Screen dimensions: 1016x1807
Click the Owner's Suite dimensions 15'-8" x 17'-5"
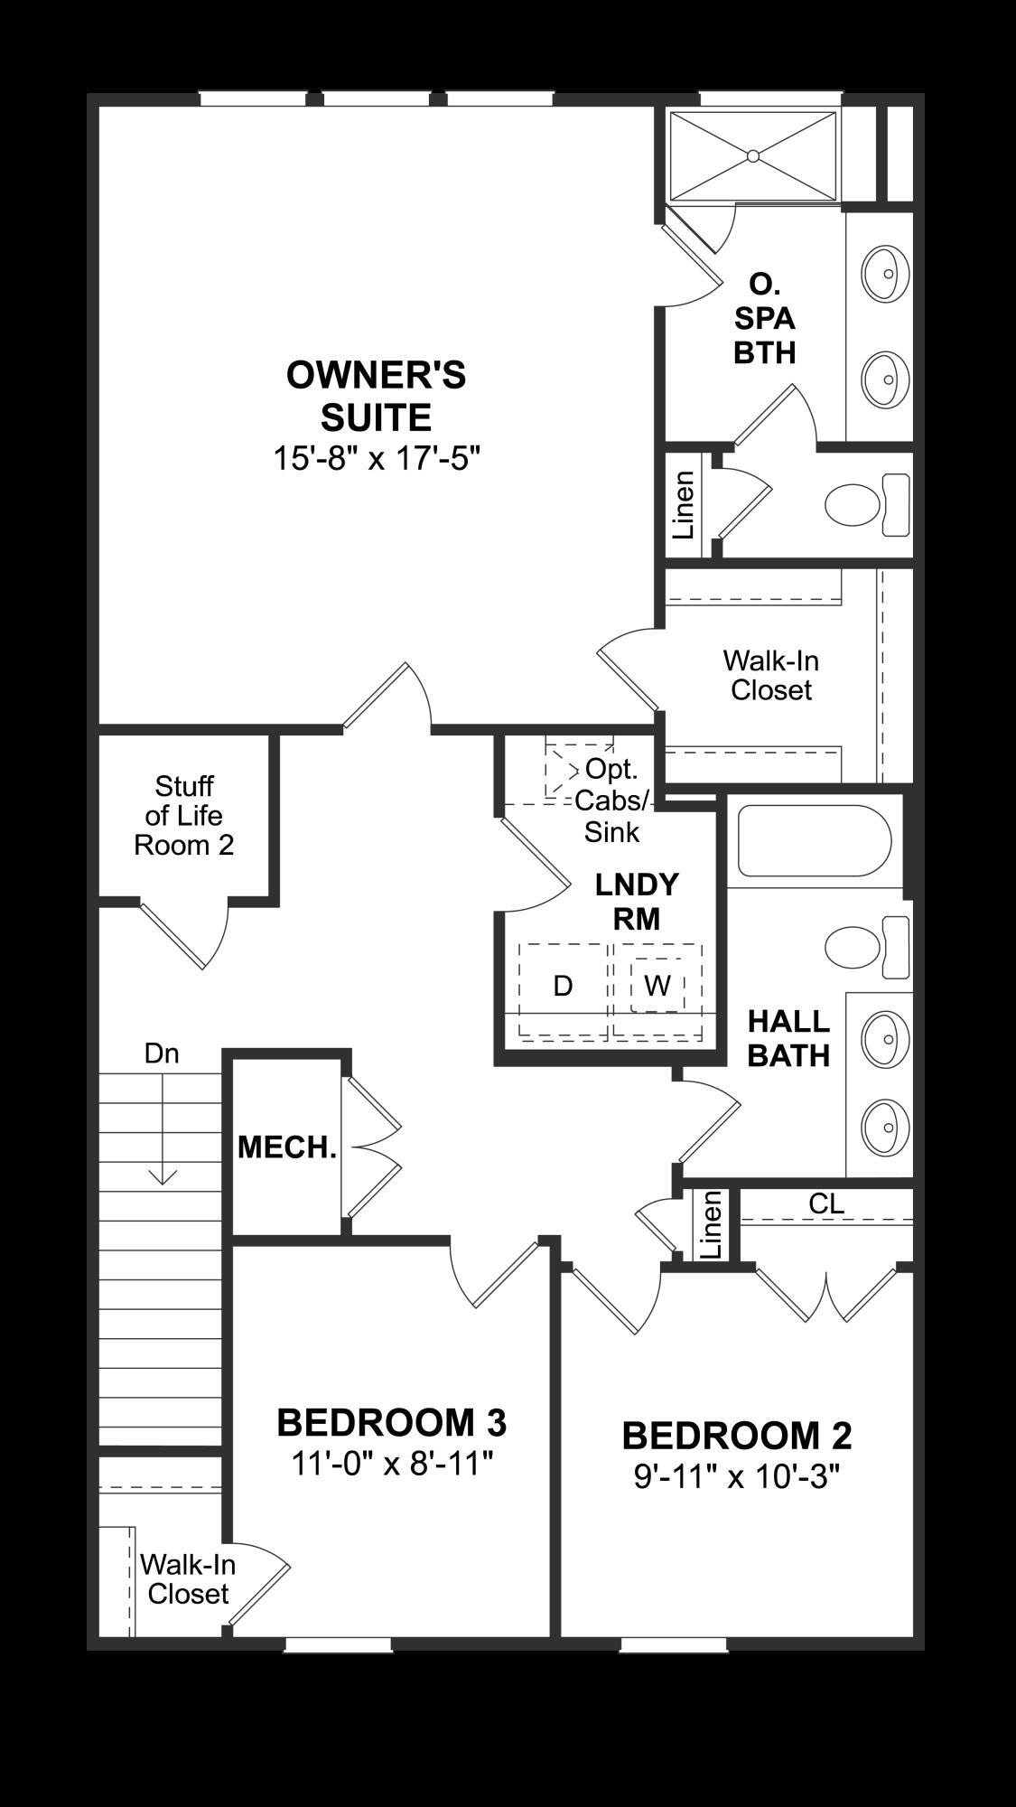(x=376, y=458)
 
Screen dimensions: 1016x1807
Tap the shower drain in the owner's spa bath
(x=753, y=155)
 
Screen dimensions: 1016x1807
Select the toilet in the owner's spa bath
(x=868, y=503)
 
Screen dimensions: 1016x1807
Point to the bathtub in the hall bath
(x=815, y=840)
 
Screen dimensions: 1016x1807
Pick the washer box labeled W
(x=657, y=985)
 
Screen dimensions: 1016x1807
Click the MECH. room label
(x=287, y=1147)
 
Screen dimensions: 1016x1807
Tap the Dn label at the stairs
(x=162, y=1053)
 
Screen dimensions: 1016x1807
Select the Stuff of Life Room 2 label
(x=184, y=816)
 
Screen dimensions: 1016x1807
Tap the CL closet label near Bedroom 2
(x=826, y=1203)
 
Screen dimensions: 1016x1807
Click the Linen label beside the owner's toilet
(x=685, y=506)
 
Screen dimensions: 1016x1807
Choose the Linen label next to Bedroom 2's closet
(x=712, y=1224)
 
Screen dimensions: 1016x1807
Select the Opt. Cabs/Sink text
(x=611, y=801)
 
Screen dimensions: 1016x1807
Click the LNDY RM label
(x=637, y=901)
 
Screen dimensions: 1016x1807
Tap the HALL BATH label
(x=788, y=1038)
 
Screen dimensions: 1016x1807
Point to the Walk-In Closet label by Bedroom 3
(x=188, y=1578)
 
